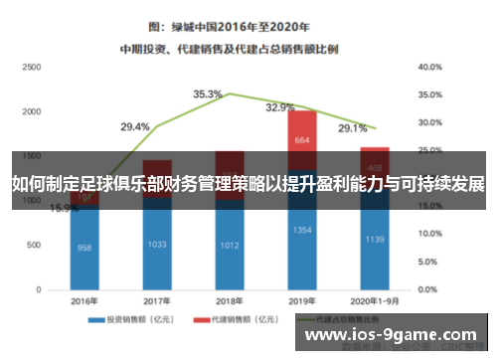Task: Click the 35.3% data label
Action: (207, 94)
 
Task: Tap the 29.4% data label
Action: (135, 127)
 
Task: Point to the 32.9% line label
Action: (280, 108)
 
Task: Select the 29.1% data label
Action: (352, 128)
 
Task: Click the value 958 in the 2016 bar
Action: (84, 248)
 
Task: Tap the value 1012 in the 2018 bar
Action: (229, 245)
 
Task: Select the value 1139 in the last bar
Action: (375, 240)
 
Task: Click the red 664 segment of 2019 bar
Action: (302, 141)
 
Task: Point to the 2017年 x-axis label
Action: (156, 301)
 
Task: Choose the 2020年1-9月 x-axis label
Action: (375, 301)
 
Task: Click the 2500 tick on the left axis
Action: (31, 67)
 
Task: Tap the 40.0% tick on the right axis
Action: (429, 67)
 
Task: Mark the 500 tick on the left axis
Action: (34, 245)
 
